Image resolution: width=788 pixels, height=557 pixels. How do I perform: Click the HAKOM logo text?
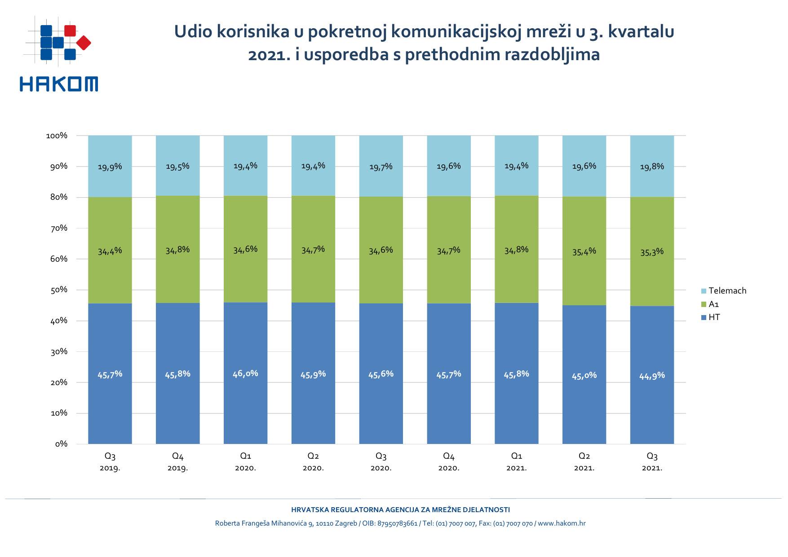pyautogui.click(x=58, y=84)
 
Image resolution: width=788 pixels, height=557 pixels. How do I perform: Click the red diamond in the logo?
pyautogui.click(x=84, y=43)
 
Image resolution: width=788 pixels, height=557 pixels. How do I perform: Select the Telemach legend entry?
pyautogui.click(x=724, y=291)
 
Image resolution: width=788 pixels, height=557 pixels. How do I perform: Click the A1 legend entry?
pyautogui.click(x=711, y=304)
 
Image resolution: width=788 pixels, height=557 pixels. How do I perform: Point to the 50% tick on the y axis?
pyautogui.click(x=59, y=290)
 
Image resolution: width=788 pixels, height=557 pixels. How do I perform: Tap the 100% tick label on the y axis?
pyautogui.click(x=57, y=136)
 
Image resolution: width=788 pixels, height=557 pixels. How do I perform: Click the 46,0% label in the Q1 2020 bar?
pyautogui.click(x=245, y=373)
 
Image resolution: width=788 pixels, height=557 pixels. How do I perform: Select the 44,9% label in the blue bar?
pyautogui.click(x=652, y=376)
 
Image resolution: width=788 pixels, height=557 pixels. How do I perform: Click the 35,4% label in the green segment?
pyautogui.click(x=584, y=252)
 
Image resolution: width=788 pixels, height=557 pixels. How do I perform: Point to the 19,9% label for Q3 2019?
pyautogui.click(x=110, y=167)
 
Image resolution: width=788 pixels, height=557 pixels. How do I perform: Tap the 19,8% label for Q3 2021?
pyautogui.click(x=652, y=167)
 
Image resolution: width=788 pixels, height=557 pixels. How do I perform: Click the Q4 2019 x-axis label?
pyautogui.click(x=178, y=462)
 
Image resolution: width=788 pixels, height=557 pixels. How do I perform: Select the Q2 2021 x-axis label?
pyautogui.click(x=584, y=462)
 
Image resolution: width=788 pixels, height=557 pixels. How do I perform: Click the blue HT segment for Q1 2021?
pyautogui.click(x=517, y=404)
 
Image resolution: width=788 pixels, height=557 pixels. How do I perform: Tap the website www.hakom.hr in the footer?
pyautogui.click(x=562, y=523)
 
